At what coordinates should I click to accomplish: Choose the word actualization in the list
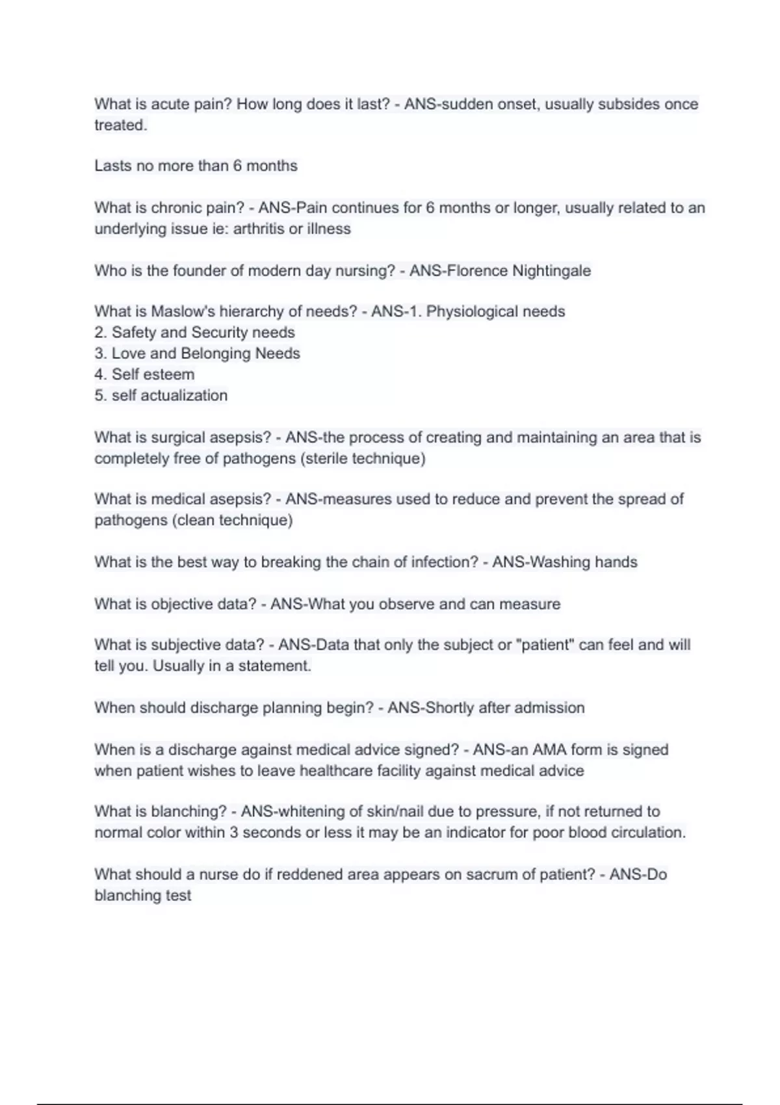pos(184,395)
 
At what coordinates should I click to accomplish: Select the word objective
pos(182,604)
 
